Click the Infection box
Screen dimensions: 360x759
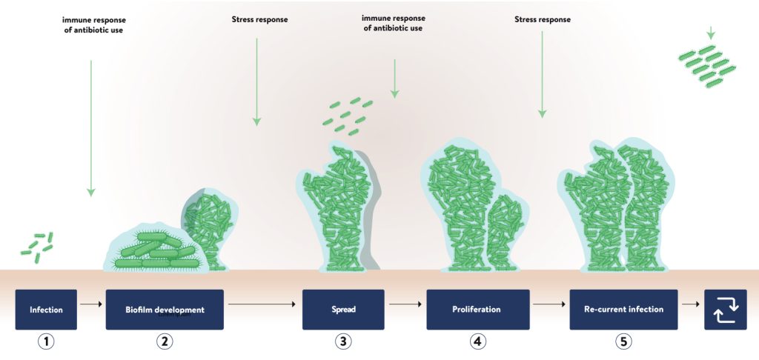pyautogui.click(x=46, y=309)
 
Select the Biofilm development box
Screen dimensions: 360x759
pyautogui.click(x=165, y=309)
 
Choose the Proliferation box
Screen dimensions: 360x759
pyautogui.click(x=477, y=309)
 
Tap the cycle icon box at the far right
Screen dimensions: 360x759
pyautogui.click(x=725, y=309)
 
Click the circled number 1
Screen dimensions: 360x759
pyautogui.click(x=46, y=341)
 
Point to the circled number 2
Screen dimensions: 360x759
pyautogui.click(x=165, y=341)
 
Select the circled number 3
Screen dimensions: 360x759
pyautogui.click(x=342, y=341)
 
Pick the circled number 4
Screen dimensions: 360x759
pyautogui.click(x=477, y=341)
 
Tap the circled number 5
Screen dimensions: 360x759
pyautogui.click(x=623, y=341)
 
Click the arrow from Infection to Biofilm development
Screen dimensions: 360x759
pyautogui.click(x=90, y=304)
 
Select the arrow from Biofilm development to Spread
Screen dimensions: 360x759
pyautogui.click(x=262, y=304)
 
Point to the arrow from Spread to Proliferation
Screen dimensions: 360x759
pyautogui.click(x=405, y=304)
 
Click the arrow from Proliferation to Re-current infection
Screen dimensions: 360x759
pyautogui.click(x=549, y=304)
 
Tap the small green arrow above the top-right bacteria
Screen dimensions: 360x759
pyautogui.click(x=711, y=33)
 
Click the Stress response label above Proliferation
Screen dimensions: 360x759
pyautogui.click(x=543, y=20)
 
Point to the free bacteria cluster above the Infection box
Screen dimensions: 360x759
pyautogui.click(x=37, y=246)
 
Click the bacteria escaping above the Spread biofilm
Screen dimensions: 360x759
pyautogui.click(x=346, y=111)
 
